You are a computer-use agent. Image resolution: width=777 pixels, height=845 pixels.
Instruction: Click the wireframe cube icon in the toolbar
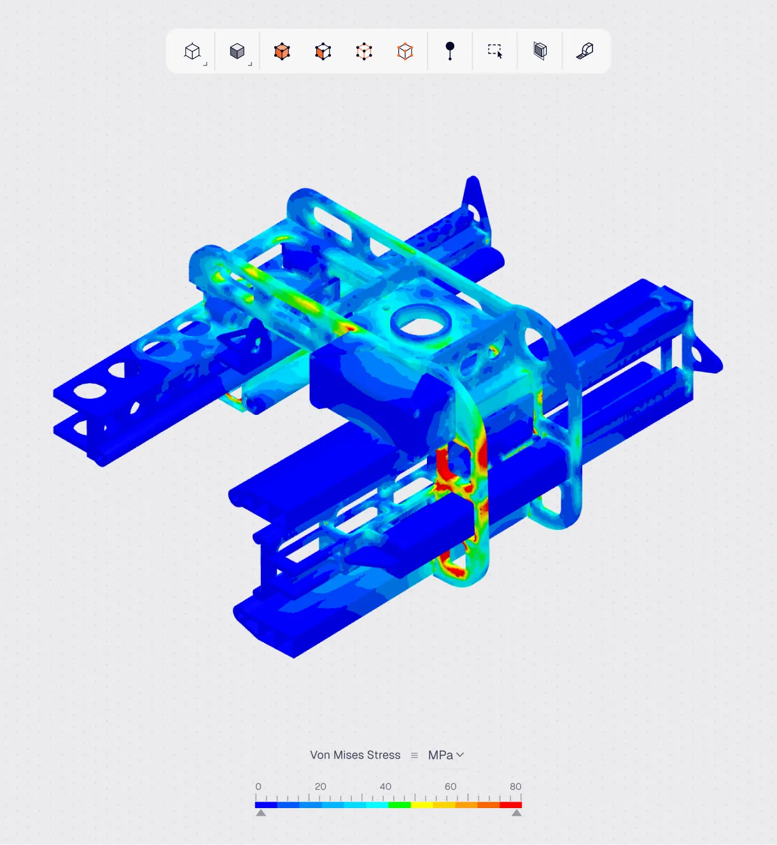[192, 52]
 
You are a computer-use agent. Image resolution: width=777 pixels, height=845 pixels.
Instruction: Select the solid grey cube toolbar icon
[237, 52]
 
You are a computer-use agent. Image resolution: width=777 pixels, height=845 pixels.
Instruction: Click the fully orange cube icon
[282, 52]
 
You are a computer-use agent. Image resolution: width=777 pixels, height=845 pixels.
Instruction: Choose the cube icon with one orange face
[323, 52]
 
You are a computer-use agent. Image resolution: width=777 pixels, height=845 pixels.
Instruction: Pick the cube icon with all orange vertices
[405, 52]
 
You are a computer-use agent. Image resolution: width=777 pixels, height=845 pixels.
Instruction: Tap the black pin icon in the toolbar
[450, 51]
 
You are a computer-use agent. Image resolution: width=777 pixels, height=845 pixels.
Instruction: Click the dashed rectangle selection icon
[495, 51]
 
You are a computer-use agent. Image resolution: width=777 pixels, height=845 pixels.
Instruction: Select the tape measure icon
[585, 51]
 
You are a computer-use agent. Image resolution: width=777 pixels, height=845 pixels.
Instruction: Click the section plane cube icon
[540, 51]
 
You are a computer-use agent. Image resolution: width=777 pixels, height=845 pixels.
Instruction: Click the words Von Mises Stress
[355, 755]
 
